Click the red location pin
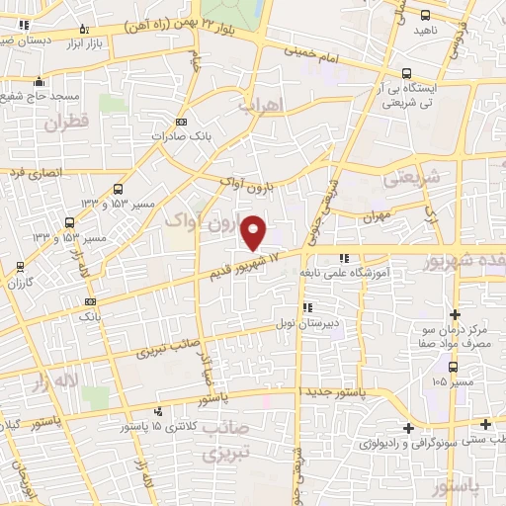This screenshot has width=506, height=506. pos(254,231)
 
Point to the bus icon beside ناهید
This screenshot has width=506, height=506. pos(426,16)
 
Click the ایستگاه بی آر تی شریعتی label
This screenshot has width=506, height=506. pos(441,93)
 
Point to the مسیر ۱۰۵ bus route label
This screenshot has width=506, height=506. pos(456,381)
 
